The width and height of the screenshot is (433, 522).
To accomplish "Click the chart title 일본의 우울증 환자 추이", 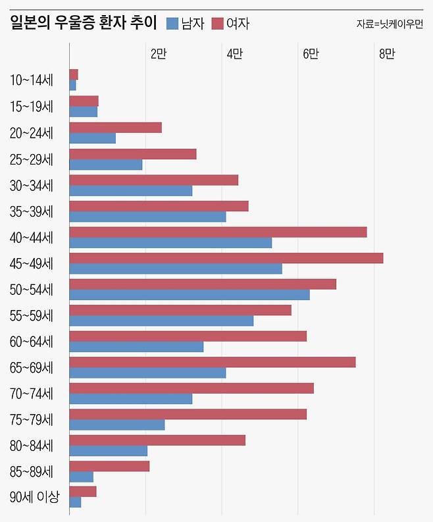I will pyautogui.click(x=84, y=24).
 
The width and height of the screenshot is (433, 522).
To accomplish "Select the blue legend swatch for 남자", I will pyautogui.click(x=173, y=24).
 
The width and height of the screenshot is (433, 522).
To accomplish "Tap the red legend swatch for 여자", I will pyautogui.click(x=218, y=24).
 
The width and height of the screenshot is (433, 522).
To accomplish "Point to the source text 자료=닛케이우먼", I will pyautogui.click(x=390, y=24).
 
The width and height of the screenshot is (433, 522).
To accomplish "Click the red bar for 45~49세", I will pyautogui.click(x=226, y=258).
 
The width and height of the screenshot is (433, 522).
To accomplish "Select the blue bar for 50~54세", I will pyautogui.click(x=189, y=295).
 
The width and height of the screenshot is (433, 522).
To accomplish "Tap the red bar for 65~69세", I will pyautogui.click(x=212, y=362).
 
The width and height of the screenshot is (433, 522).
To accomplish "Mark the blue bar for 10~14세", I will pyautogui.click(x=72, y=86).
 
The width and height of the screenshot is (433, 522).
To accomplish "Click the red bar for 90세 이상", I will pyautogui.click(x=82, y=492).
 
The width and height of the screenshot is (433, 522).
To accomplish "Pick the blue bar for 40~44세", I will pyautogui.click(x=170, y=243).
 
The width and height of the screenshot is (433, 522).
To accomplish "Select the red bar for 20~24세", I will pyautogui.click(x=115, y=128).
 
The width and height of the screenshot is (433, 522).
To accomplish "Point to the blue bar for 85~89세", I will pyautogui.click(x=81, y=477).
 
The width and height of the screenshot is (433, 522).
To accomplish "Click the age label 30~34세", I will pyautogui.click(x=32, y=185).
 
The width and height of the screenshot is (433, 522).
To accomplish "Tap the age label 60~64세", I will pyautogui.click(x=32, y=342).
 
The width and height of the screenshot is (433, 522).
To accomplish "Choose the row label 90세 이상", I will pyautogui.click(x=35, y=498).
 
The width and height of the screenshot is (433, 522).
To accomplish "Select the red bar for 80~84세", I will pyautogui.click(x=157, y=440).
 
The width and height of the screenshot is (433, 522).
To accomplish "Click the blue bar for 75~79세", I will pyautogui.click(x=116, y=425).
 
